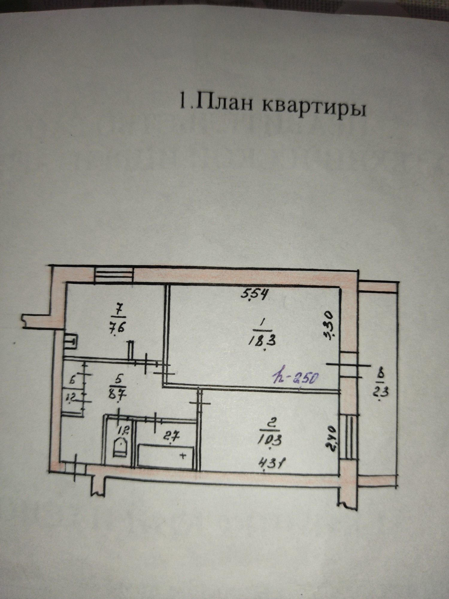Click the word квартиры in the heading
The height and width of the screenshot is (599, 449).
click(314, 108)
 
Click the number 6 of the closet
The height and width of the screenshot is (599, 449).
click(72, 381)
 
